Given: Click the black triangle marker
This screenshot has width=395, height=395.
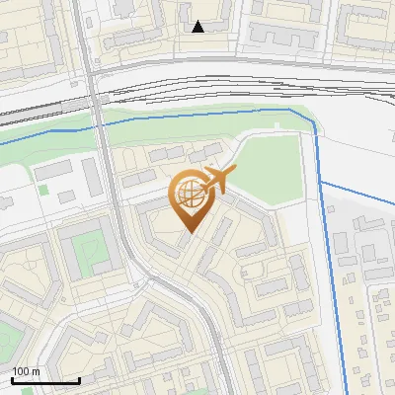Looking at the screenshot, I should pyautogui.click(x=198, y=27).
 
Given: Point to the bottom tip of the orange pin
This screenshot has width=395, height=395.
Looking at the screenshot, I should pyautogui.click(x=189, y=234).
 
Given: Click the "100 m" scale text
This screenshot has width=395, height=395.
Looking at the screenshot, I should pyautogui.click(x=26, y=371).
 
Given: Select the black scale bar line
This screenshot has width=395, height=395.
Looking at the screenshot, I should pyautogui.click(x=45, y=380).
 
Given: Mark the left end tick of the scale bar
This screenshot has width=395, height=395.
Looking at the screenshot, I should pyautogui.click(x=12, y=378).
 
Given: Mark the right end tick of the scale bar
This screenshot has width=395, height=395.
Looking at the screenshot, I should pyautogui.click(x=79, y=378).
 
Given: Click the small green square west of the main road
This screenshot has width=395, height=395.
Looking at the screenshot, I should pyautogui.click(x=42, y=188).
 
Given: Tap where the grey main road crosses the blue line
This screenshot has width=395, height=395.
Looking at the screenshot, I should pyautogui.click(x=99, y=126).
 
